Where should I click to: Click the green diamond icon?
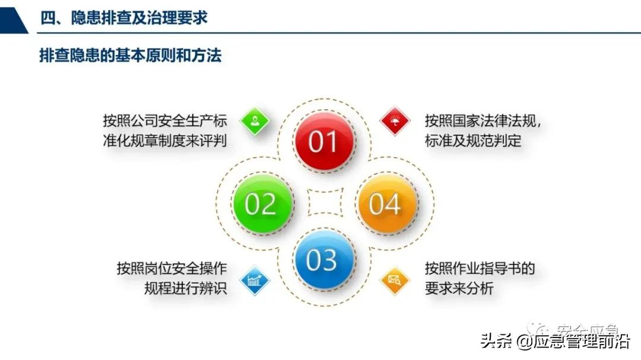[x=255, y=122]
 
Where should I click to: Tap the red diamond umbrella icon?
[x=395, y=122]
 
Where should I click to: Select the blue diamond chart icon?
[x=255, y=281]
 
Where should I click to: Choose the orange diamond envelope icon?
[x=395, y=281]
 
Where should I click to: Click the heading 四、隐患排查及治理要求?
[x=123, y=18]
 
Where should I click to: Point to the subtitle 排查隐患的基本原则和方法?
[x=130, y=56]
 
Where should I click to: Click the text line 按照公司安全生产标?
[x=165, y=121]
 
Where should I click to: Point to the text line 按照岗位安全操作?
[x=172, y=269]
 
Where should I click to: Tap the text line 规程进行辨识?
[x=185, y=289]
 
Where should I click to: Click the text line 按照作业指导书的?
[x=480, y=269]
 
